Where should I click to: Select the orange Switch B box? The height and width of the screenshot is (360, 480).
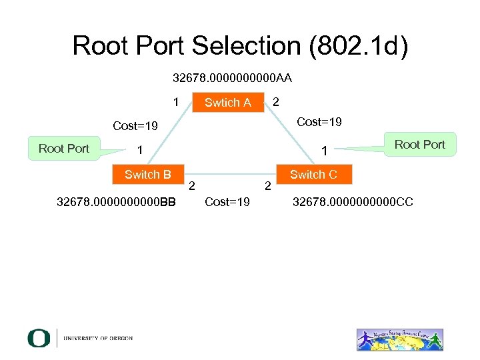pos(148,175)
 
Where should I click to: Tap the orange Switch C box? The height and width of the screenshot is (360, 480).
pos(313,175)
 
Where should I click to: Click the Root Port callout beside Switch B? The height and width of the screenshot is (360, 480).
pos(63,148)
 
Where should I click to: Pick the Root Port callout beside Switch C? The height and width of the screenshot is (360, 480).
pos(420,145)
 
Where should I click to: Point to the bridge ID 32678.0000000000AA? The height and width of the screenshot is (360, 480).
pos(232,78)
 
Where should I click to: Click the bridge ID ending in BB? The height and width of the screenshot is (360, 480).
pos(117,201)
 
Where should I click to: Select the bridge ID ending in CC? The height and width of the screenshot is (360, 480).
pos(353,201)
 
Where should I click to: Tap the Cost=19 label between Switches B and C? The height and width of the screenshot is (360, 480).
pos(227,201)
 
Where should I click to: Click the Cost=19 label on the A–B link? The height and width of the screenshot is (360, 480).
pos(135,126)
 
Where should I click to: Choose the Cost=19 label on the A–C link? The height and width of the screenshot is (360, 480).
pos(319,121)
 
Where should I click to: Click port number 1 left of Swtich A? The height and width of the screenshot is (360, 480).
pos(175,103)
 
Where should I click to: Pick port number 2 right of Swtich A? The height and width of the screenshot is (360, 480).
pos(276,101)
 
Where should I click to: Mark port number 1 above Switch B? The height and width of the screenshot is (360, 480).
pos(139,150)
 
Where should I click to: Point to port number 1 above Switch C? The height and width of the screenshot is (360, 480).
pos(323,151)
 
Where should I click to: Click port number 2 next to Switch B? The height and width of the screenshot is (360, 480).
pos(192,185)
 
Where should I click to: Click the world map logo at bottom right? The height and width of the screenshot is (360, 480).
pos(399,339)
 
